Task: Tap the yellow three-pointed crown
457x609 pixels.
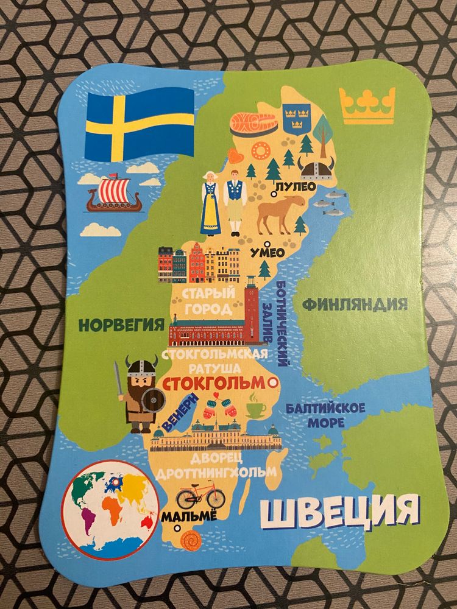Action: [x=367, y=105]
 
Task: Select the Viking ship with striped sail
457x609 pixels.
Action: [x=115, y=194]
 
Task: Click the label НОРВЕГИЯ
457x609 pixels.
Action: [x=122, y=324]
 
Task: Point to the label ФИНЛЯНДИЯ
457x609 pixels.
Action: [x=355, y=304]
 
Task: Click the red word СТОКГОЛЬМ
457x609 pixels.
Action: [x=214, y=383]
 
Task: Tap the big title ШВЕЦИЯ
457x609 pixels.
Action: [x=339, y=512]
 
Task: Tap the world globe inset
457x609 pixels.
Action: [x=110, y=509]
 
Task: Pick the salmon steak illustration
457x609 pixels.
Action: [x=253, y=124]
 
